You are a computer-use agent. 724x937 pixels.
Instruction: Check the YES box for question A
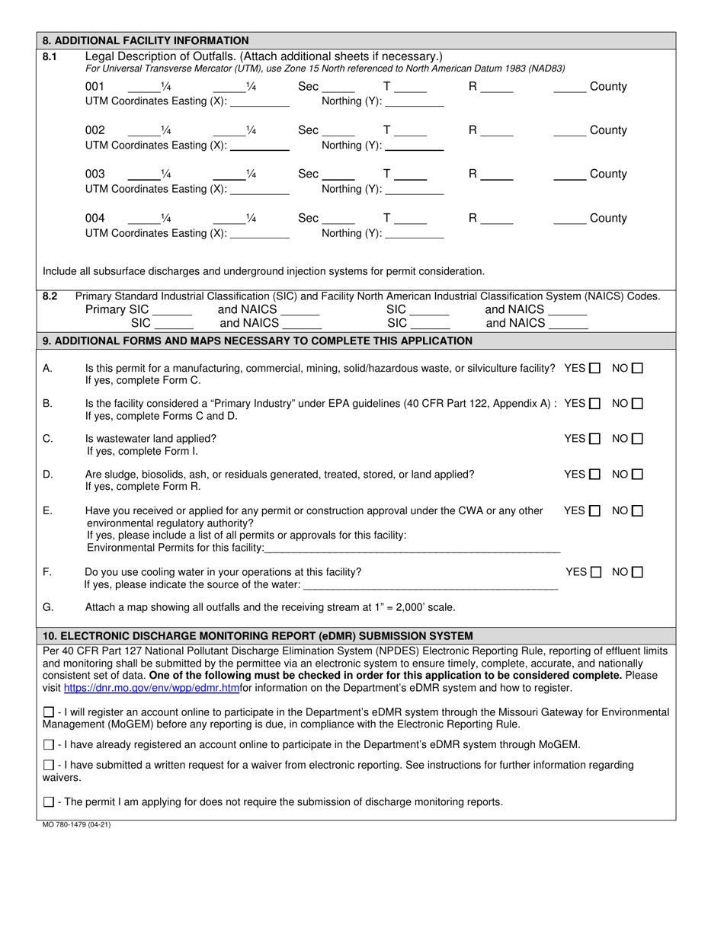[x=595, y=368]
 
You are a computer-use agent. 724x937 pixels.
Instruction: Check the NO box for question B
[x=638, y=403]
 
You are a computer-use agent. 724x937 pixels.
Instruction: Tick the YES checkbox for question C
[x=595, y=439]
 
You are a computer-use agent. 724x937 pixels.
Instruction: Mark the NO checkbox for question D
[x=638, y=474]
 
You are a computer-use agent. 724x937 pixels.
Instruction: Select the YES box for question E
[x=595, y=510]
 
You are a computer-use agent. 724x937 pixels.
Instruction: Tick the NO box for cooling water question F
[x=638, y=571]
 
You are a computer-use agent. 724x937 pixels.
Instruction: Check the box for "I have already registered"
[x=49, y=744]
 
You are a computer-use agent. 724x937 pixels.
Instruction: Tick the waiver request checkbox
[x=49, y=765]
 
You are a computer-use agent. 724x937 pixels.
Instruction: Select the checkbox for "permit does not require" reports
[x=49, y=801]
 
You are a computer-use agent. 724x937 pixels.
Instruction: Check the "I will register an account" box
[x=49, y=712]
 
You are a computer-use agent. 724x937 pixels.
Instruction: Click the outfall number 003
[x=95, y=174]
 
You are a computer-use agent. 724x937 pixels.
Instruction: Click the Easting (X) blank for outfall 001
[x=259, y=102]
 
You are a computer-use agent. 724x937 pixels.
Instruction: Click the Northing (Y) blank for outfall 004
[x=415, y=234]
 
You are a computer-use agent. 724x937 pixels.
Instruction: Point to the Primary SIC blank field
[x=172, y=310]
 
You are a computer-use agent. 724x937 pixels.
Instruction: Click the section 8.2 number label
[x=50, y=296]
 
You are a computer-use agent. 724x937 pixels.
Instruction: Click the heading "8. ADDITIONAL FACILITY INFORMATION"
[x=146, y=40]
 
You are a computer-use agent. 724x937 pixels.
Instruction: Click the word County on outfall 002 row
[x=608, y=130]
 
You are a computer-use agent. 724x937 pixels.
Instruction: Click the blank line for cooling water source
[x=431, y=584]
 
